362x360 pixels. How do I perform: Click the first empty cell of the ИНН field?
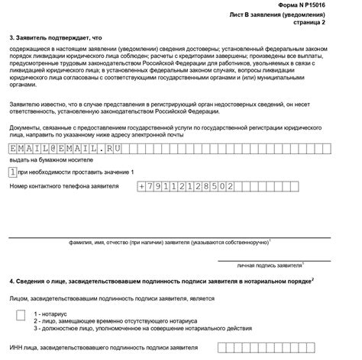221,349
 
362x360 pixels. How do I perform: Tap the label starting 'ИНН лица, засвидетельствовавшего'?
102,349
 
